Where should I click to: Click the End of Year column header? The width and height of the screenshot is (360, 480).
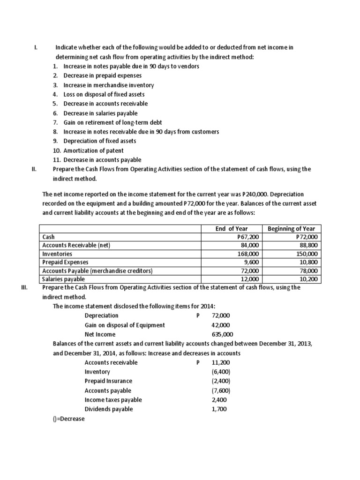tap(232, 229)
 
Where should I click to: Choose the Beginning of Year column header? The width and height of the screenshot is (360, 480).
tap(291, 229)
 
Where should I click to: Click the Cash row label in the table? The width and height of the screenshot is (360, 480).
tap(49, 237)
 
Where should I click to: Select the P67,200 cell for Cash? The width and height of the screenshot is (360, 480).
tap(249, 237)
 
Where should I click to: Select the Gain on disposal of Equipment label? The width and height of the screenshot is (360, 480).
tap(125, 325)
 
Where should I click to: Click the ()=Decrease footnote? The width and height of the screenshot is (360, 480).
tap(69, 419)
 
